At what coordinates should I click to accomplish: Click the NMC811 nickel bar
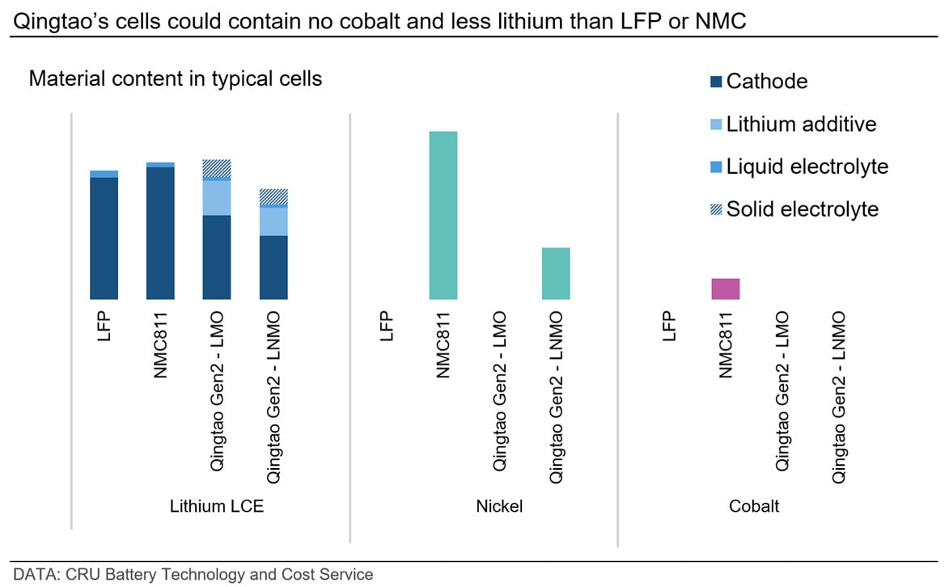point(443,215)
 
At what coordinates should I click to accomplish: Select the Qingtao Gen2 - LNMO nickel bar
point(556,273)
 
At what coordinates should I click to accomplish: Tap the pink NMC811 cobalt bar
point(725,289)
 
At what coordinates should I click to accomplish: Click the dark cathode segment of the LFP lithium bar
point(104,239)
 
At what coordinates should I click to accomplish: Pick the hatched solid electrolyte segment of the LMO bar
point(217,168)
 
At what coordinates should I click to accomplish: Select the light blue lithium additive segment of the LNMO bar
point(273,222)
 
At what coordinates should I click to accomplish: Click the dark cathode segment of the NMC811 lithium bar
point(160,234)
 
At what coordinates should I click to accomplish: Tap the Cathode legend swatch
point(716,82)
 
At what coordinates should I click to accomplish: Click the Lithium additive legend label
point(801,124)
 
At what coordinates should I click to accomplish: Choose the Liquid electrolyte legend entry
point(807,167)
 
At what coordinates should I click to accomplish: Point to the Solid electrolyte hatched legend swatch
point(716,209)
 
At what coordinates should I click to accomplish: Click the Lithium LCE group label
point(216,507)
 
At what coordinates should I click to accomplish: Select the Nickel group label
point(499,507)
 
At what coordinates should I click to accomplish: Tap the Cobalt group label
point(754,507)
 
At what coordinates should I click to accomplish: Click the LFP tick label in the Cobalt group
point(669,327)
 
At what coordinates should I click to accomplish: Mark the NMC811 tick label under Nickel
point(443,344)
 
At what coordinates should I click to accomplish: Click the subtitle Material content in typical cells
point(176,79)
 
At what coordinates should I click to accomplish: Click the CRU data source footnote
point(193,574)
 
